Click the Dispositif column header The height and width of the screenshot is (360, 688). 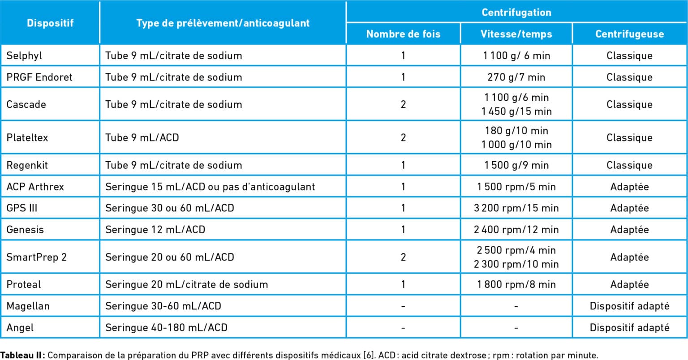click(x=50, y=23)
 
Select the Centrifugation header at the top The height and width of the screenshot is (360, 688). click(x=516, y=13)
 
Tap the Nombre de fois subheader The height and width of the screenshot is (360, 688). click(x=403, y=34)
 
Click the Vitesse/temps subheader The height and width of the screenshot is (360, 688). click(x=516, y=34)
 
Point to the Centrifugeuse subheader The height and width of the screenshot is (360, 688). click(x=629, y=34)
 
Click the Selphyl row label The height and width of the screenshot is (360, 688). click(x=24, y=56)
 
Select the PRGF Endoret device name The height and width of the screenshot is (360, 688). click(x=39, y=77)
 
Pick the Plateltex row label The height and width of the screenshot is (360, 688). click(x=27, y=137)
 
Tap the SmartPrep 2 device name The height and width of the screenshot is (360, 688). click(x=36, y=257)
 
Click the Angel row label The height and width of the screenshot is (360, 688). click(x=20, y=327)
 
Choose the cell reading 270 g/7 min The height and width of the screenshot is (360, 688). click(x=516, y=77)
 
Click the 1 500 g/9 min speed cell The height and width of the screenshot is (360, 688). click(x=516, y=165)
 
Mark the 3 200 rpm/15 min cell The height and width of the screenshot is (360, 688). click(x=516, y=208)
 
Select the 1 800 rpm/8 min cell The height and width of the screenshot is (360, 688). click(x=516, y=284)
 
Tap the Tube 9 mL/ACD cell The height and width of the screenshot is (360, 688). click(x=142, y=137)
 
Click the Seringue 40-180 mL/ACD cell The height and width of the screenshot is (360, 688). click(x=166, y=327)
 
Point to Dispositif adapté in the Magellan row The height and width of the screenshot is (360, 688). click(x=629, y=306)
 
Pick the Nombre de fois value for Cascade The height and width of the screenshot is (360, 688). click(x=403, y=104)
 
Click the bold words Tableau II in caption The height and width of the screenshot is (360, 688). click(x=22, y=356)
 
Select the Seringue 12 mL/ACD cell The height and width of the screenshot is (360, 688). click(x=155, y=230)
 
